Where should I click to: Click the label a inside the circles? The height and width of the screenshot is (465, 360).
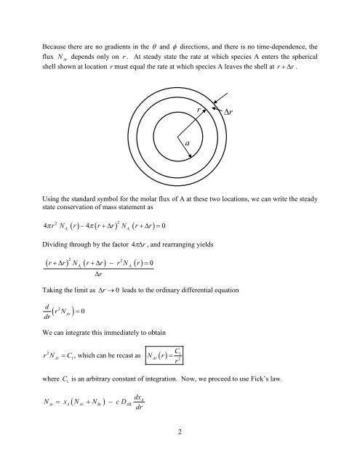click(x=187, y=145)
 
